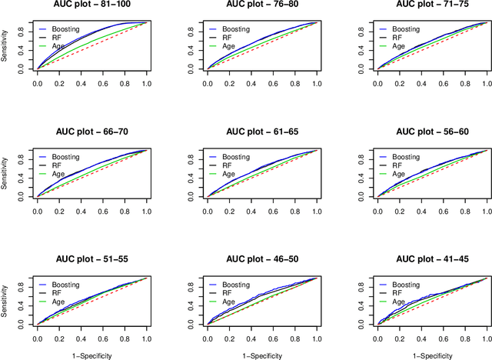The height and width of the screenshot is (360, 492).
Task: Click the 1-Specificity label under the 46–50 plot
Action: (262, 355)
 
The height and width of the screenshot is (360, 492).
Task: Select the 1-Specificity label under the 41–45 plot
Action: (431, 355)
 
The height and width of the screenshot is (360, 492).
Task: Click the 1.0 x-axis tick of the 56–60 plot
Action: (486, 208)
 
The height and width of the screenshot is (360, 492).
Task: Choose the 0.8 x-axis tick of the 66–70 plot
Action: (125, 208)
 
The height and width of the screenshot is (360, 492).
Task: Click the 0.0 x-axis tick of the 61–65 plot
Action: (207, 208)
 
